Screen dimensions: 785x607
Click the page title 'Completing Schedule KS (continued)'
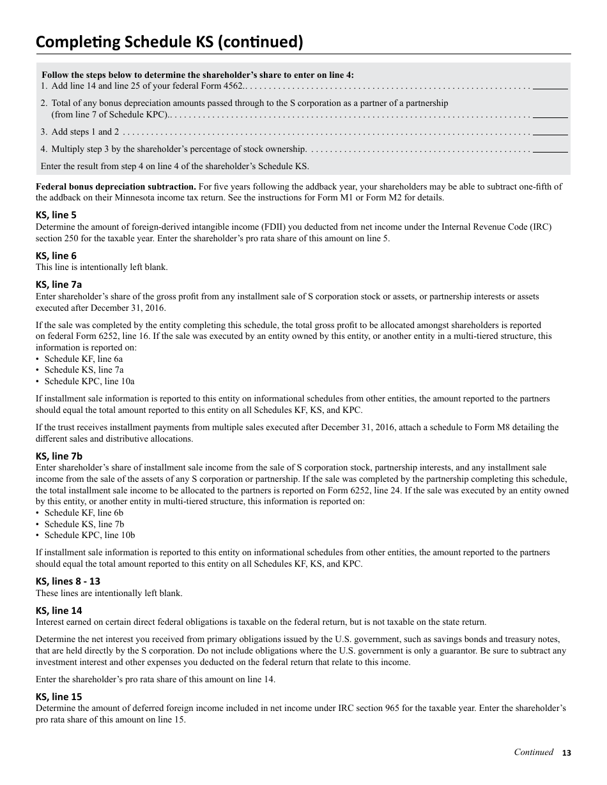[x=169, y=42]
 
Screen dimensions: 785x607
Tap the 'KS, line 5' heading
[x=56, y=215]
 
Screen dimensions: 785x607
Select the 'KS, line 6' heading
[x=56, y=256]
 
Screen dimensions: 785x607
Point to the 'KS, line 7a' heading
[x=59, y=285]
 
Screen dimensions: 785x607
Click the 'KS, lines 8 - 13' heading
[x=68, y=581]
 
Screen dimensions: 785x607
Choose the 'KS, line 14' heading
[x=59, y=610]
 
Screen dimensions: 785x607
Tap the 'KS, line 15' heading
[x=59, y=697]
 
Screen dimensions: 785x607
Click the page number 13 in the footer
[x=566, y=753]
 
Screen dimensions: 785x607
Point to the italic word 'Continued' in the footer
[x=534, y=752]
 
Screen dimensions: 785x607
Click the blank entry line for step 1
[x=550, y=87]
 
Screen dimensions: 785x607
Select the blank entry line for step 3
[x=550, y=133]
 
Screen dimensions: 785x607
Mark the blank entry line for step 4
[x=550, y=151]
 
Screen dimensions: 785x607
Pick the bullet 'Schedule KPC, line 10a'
[x=89, y=382]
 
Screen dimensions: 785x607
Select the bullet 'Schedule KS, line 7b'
[x=84, y=525]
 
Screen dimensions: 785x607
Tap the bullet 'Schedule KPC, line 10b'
[x=89, y=535]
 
